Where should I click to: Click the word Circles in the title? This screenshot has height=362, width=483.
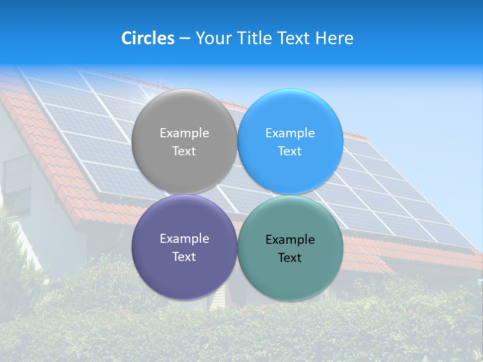[148, 38]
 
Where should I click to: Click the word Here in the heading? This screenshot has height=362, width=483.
[335, 38]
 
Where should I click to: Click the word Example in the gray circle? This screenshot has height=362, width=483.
[184, 133]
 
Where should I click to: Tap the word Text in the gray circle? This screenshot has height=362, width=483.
[184, 151]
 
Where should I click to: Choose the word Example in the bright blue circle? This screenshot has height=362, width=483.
[290, 133]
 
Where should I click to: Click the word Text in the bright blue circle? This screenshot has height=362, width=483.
[290, 151]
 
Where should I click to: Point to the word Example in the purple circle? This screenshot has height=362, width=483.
[184, 239]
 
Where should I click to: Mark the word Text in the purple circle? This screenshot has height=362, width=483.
[184, 257]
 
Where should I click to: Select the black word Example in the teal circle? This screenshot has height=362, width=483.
[290, 240]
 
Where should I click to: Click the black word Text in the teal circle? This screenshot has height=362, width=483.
[290, 258]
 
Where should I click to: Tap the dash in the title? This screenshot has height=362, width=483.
[184, 38]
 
